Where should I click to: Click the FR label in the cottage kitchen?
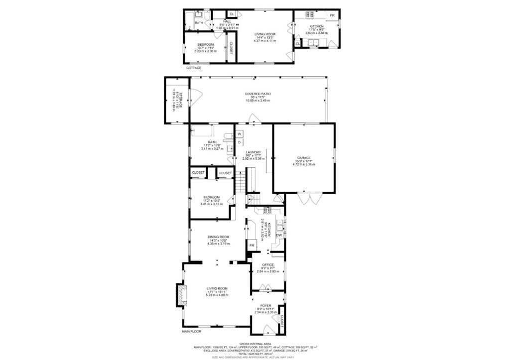pos(332,16)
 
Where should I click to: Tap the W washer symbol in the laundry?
pos(239,134)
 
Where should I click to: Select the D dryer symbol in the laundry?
pos(239,142)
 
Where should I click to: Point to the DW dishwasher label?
pos(279,235)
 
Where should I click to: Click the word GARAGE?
pos(303,158)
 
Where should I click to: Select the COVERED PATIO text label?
pos(257,94)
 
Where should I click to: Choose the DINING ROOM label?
pos(219,237)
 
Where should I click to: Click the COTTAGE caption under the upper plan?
pos(194,68)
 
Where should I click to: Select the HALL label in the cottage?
pos(228,22)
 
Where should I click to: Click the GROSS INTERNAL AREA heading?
pos(255,344)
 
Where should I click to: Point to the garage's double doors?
pos(309,199)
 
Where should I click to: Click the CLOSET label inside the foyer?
pos(282,322)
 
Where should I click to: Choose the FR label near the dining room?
pos(252,245)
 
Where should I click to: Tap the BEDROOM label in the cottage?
pos(205,44)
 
